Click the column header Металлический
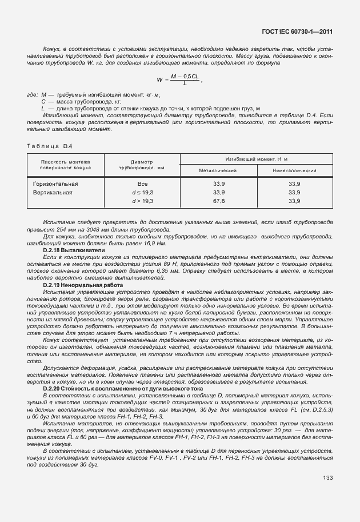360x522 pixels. (x=218, y=170)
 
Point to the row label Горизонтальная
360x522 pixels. (x=55, y=184)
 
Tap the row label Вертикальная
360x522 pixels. (x=53, y=193)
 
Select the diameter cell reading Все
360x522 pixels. (x=143, y=184)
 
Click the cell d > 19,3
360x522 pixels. (x=143, y=201)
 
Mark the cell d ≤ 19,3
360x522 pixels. (x=143, y=193)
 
